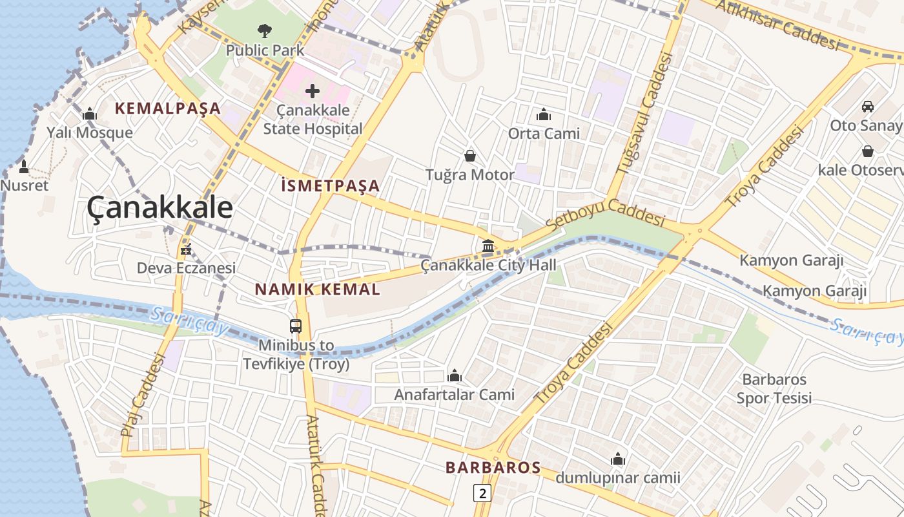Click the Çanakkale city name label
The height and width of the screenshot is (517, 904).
159,208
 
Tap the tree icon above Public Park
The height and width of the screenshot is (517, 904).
264,30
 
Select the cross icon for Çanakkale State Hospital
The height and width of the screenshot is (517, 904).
313,91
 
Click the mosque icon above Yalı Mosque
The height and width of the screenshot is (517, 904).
90,114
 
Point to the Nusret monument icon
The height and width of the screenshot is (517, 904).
24,167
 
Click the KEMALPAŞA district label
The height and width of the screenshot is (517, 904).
168,109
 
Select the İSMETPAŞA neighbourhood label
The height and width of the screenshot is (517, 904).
331,186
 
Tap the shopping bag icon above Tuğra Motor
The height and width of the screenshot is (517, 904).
470,156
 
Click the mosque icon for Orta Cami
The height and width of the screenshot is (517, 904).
544,115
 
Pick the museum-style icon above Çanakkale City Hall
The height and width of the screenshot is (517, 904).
488,246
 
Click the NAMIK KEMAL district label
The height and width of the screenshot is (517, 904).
318,289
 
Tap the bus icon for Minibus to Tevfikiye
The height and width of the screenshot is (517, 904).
296,326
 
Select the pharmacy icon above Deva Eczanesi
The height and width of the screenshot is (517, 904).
186,249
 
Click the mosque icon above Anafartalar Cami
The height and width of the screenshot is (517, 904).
455,376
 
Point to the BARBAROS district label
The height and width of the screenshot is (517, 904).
493,468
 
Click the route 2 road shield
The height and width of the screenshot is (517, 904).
482,493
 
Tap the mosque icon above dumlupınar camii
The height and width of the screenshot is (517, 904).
618,459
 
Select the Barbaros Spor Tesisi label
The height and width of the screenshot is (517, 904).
774,388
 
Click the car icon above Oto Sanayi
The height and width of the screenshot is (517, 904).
868,107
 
